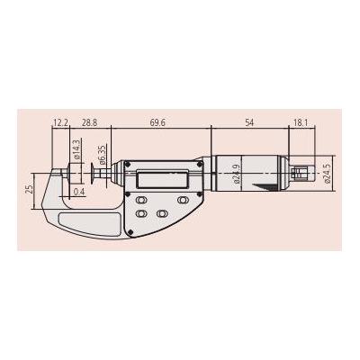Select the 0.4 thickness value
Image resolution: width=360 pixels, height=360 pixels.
pyautogui.click(x=80, y=192)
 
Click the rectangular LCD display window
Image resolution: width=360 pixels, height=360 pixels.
pyautogui.click(x=156, y=177)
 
